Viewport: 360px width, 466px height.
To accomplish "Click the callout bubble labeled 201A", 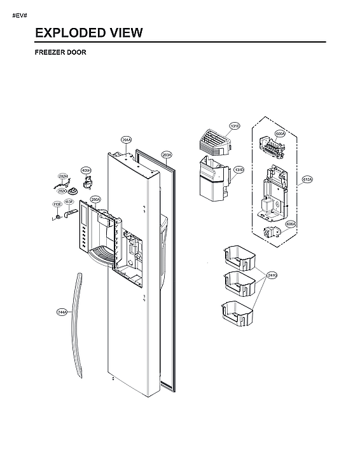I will click(126, 140).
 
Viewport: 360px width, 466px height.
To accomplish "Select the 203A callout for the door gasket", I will click(167, 154).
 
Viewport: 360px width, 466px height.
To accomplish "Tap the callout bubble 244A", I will click(62, 312).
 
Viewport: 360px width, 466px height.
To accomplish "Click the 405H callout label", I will click(86, 170).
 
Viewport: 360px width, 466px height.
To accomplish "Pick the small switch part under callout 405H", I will click(88, 185).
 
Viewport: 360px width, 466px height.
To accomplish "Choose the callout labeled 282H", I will click(63, 176).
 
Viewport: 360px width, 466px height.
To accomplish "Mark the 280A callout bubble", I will click(95, 200).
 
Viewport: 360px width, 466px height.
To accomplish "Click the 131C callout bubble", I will click(235, 127).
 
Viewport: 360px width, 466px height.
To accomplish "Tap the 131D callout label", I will click(239, 170).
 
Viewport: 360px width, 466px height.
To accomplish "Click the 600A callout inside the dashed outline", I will click(280, 134).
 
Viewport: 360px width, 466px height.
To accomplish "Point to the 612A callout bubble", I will click(307, 180).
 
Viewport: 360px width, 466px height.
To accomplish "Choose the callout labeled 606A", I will click(290, 224).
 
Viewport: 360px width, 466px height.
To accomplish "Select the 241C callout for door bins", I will click(272, 275).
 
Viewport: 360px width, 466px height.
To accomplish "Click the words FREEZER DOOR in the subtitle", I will click(60, 53).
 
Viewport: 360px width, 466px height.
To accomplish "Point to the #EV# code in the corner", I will click(20, 14).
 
